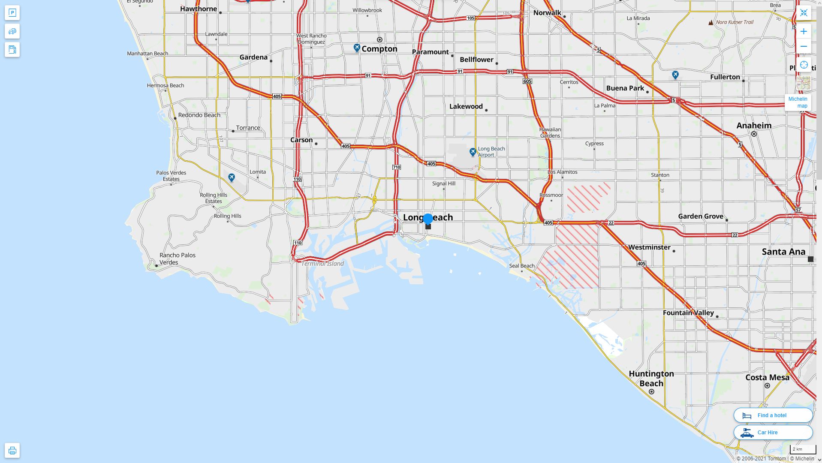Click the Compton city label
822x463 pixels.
pos(379,49)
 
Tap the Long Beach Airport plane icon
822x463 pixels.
pos(473,152)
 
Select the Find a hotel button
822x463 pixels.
pos(773,415)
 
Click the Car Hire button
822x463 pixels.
pos(773,432)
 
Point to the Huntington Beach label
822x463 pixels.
pos(651,379)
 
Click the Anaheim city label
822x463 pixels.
pos(753,126)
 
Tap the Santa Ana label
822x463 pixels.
pos(783,252)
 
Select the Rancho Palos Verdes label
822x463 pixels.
pos(177,259)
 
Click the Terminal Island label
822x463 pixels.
pos(322,264)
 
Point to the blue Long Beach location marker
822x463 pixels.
pos(428,219)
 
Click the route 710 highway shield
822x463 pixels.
pos(396,167)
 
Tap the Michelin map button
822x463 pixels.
pos(798,102)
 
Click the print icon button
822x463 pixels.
pos(12,451)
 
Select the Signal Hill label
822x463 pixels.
pos(443,183)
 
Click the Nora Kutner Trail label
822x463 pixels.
pos(734,22)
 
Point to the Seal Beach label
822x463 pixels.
pos(521,266)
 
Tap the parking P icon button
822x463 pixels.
pos(12,13)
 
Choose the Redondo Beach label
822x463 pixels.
pos(199,115)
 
